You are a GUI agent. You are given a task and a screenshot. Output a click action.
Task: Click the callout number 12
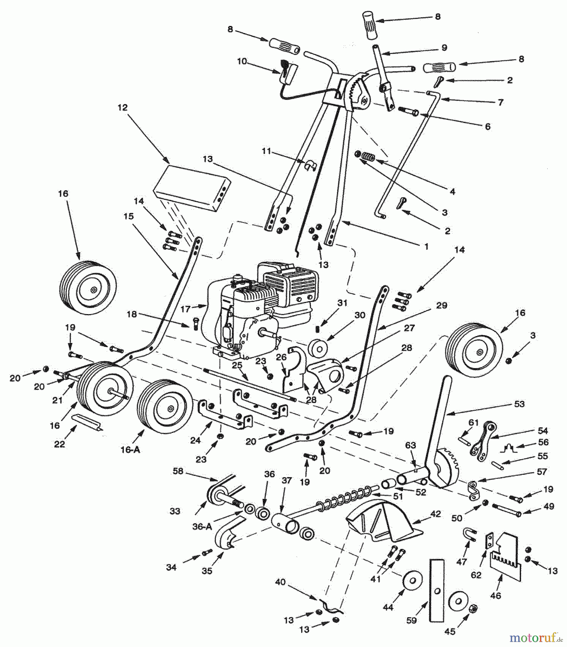[122, 107]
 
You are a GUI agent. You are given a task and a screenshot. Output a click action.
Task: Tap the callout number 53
[519, 404]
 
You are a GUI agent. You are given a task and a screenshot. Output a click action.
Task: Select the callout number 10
[242, 61]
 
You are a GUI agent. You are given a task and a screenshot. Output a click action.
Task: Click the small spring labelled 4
[367, 157]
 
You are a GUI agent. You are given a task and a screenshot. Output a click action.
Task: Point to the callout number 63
[410, 446]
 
